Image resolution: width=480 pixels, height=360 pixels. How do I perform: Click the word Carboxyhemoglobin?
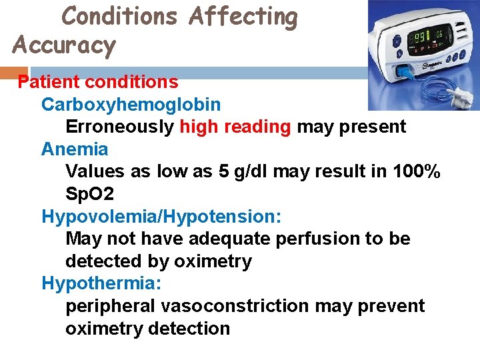tap(131, 105)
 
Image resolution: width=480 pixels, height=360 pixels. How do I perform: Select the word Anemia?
tap(75, 149)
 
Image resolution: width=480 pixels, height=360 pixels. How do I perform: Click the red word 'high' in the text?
tap(199, 127)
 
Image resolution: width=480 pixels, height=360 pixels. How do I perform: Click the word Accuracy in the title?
tap(64, 45)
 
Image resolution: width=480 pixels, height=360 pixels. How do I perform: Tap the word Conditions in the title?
tap(120, 17)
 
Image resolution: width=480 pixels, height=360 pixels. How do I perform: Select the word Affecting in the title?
tap(243, 17)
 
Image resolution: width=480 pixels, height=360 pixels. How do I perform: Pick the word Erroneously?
tap(120, 127)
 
